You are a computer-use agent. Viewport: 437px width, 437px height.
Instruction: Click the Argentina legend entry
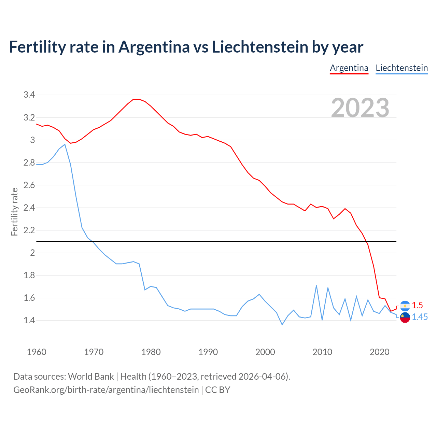[349, 68]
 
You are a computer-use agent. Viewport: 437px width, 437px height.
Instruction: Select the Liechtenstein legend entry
[401, 68]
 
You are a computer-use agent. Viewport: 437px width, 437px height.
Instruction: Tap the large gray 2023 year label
[360, 108]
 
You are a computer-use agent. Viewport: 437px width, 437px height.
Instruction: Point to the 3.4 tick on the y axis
[29, 95]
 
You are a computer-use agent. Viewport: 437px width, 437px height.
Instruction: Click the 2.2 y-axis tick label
[29, 230]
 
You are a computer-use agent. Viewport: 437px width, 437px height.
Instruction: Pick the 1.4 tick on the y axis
[29, 320]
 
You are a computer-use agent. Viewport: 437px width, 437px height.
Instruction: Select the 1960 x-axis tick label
[37, 352]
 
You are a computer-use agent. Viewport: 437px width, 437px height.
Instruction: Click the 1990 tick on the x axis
[208, 352]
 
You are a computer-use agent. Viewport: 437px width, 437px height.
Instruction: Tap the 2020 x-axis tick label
[379, 352]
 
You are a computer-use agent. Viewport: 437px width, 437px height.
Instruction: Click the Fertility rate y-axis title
[14, 212]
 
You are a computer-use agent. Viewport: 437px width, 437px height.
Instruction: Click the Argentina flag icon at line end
[405, 306]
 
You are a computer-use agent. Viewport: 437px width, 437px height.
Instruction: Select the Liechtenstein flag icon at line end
[405, 317]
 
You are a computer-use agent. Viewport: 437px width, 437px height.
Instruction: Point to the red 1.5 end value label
[417, 305]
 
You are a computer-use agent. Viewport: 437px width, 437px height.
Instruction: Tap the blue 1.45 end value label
[420, 317]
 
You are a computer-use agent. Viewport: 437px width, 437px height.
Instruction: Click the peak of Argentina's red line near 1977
[136, 99]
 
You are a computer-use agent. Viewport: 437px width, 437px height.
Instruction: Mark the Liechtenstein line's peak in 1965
[65, 144]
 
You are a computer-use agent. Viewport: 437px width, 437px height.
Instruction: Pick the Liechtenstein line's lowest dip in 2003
[282, 325]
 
